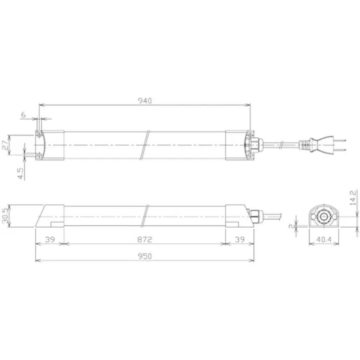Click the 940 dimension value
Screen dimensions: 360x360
(144, 100)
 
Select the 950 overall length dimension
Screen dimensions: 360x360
(144, 256)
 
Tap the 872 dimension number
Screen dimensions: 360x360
(144, 238)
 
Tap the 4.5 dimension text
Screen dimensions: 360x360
(20, 173)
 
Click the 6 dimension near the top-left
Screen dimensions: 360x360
(23, 115)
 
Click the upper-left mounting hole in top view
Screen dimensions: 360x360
(39, 135)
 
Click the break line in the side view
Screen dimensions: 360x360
(146, 216)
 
